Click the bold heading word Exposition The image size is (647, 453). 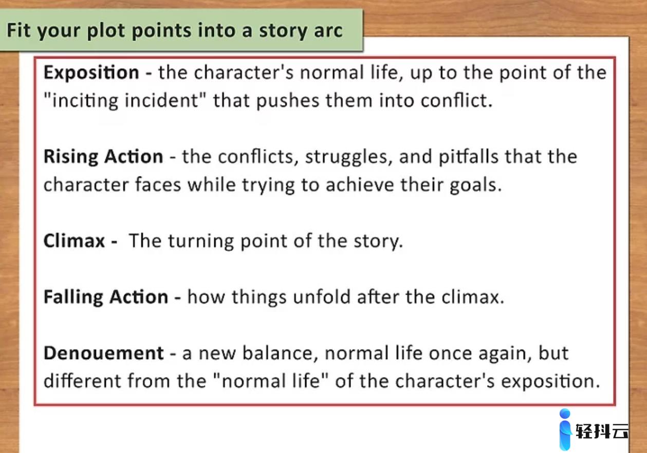click(91, 73)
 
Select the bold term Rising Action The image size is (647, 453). click(103, 157)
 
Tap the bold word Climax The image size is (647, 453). click(74, 241)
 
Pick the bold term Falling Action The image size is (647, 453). click(106, 297)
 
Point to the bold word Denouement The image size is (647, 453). click(104, 353)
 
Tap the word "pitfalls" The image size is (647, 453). click(469, 157)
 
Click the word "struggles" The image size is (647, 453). click(349, 157)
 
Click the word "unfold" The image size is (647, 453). click(322, 297)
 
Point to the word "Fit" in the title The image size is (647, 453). click(19, 30)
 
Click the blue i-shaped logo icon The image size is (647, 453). click(565, 429)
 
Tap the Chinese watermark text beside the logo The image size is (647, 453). click(602, 431)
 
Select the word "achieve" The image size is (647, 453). click(360, 185)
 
